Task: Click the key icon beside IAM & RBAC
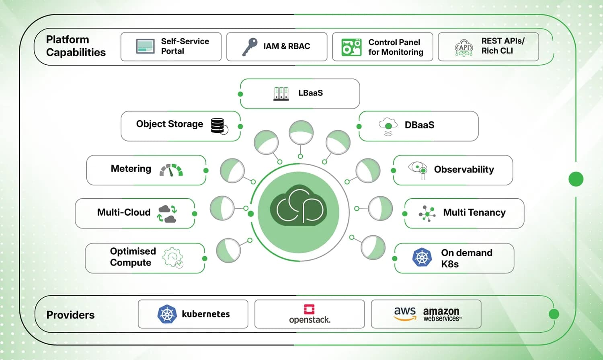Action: point(250,47)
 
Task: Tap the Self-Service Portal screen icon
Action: point(145,46)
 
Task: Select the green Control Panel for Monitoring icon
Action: point(351,47)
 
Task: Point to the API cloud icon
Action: point(464,47)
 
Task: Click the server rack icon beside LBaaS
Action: point(281,93)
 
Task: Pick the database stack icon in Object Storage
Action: point(219,126)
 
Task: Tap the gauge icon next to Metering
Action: point(171,170)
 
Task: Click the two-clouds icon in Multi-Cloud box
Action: point(167,214)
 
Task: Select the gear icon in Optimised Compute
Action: point(173,257)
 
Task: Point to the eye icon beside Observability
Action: point(418,170)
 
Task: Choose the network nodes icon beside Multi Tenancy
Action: point(427,214)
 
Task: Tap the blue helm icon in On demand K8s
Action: point(422,257)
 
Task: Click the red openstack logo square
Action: point(309,309)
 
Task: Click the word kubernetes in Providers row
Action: point(205,314)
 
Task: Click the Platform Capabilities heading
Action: point(76,46)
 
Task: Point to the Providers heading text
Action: point(70,315)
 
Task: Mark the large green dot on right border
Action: point(576,179)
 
